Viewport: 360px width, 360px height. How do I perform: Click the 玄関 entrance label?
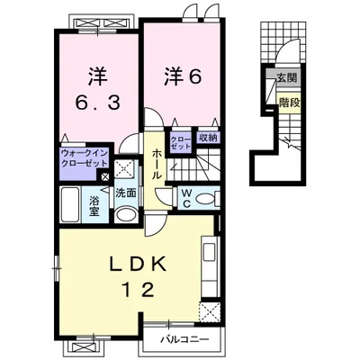coord(286,78)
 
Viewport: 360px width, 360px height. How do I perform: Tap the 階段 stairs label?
coord(289,103)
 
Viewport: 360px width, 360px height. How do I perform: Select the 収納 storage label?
coord(207,138)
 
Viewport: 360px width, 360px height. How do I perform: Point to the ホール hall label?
coord(156,164)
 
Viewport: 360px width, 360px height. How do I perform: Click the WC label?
coord(186,198)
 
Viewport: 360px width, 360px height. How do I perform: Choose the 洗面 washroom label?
coord(126,193)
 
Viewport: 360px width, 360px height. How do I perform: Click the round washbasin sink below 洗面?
coord(126,214)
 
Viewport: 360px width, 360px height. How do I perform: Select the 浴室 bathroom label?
coord(94,206)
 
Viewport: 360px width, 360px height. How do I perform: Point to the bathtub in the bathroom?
coord(70,204)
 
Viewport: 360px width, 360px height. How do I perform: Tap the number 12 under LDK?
coord(139,290)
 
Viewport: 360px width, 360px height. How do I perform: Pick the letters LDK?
coord(139,264)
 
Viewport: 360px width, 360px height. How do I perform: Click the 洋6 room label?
coord(182,77)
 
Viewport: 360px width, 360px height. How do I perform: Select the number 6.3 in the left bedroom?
coord(98,103)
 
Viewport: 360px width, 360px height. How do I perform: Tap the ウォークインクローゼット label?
coord(85,158)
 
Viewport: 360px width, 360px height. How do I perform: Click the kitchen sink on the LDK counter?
coord(210,252)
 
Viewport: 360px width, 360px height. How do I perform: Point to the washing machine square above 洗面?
coord(126,169)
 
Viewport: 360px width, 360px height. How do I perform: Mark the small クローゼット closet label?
coord(180,143)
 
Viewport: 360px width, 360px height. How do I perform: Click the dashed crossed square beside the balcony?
coord(210,312)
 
